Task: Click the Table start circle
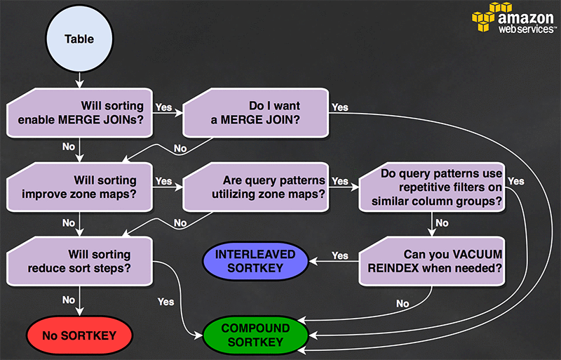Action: (x=79, y=39)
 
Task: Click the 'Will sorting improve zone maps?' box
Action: (x=80, y=187)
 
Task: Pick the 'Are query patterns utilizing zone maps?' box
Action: (x=255, y=187)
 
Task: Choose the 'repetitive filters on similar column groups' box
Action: (x=432, y=187)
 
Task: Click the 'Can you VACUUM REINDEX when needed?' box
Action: (x=432, y=260)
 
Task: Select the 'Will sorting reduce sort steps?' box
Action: (x=80, y=260)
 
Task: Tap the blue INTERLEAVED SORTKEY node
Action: (x=255, y=260)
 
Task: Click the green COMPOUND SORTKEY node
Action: (x=255, y=335)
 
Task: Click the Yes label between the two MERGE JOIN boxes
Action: (x=164, y=107)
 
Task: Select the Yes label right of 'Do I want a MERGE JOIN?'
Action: (x=340, y=107)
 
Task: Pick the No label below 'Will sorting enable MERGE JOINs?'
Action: (x=69, y=147)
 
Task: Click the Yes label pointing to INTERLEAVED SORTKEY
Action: (x=340, y=255)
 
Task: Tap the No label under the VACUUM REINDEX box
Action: (x=402, y=304)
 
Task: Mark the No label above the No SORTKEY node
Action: (x=69, y=300)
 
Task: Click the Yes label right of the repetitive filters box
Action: (x=515, y=181)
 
